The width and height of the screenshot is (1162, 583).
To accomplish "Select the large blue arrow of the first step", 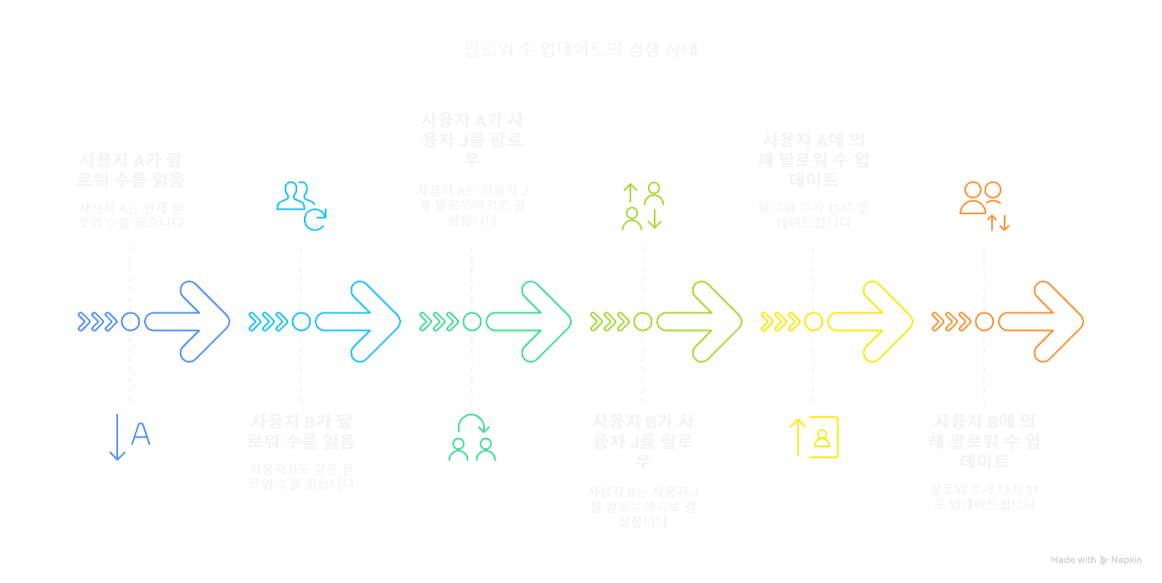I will click(188, 322).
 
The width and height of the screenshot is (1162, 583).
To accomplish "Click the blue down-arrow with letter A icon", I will click(129, 436).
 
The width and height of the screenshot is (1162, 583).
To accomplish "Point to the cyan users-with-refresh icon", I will click(301, 204).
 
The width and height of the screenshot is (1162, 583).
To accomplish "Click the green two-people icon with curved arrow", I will click(472, 437).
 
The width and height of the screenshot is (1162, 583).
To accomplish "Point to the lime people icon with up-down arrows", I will click(643, 206).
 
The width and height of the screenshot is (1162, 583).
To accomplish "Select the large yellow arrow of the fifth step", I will click(871, 322).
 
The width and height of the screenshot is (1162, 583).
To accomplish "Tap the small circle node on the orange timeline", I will click(985, 322).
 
